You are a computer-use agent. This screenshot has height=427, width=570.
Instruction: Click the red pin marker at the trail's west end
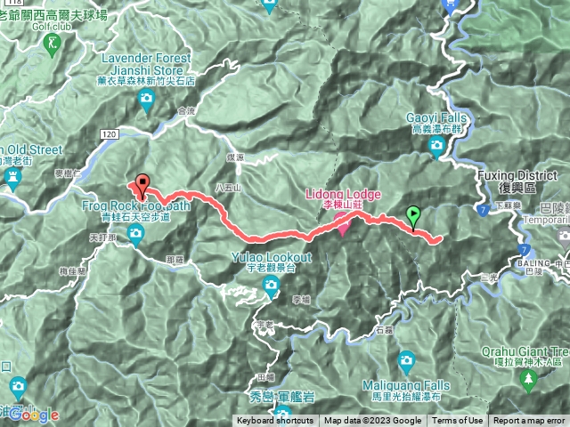tap(141, 184)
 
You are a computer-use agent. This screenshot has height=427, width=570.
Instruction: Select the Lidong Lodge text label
tap(343, 194)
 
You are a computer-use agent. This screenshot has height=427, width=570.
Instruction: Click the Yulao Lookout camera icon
tap(271, 285)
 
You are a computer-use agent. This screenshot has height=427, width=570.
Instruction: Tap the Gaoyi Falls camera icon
tap(435, 149)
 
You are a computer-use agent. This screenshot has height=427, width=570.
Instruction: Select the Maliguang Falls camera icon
tap(406, 360)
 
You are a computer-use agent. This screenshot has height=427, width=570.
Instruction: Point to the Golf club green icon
tap(55, 43)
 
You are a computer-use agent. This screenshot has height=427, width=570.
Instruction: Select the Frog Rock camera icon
tap(135, 235)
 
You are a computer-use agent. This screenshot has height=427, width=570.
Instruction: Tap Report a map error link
tap(529, 421)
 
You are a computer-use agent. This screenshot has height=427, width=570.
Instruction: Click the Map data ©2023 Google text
tap(372, 421)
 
